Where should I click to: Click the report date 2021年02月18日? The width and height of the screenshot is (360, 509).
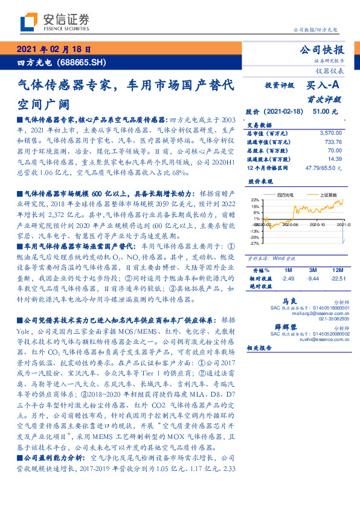point(53,50)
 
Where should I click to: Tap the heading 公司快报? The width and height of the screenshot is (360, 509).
point(321,50)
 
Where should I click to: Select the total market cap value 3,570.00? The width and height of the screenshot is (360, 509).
point(330,132)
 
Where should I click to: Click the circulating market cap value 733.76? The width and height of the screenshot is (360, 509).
point(332,141)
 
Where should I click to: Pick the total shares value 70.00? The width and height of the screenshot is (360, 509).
point(334,149)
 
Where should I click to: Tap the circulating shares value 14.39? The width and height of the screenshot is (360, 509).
point(334,158)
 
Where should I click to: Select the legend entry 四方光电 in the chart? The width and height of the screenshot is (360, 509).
point(284,194)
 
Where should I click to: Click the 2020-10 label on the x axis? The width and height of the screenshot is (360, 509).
point(318,224)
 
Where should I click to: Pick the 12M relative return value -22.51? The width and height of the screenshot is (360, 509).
point(337,279)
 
